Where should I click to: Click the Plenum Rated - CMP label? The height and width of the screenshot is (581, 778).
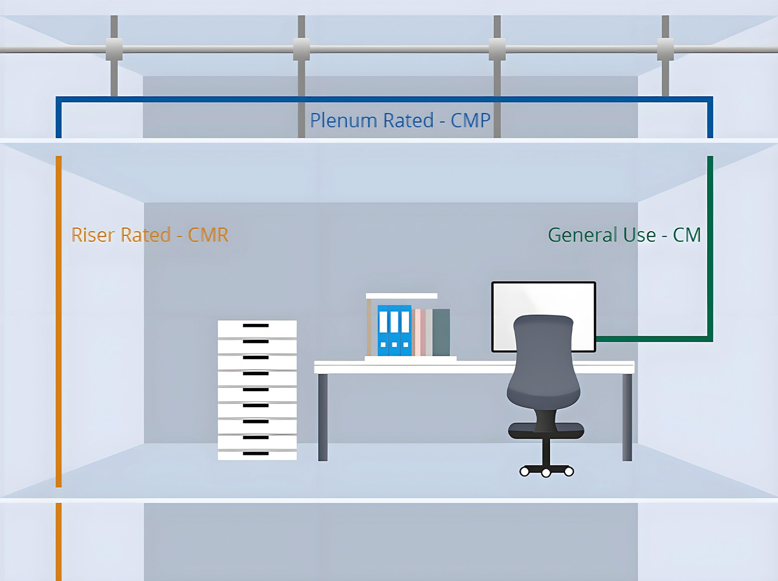(400, 121)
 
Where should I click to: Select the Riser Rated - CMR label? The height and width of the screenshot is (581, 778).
(150, 235)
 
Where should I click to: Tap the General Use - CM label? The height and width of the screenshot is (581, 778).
(624, 235)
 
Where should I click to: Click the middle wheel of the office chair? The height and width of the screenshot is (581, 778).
(546, 473)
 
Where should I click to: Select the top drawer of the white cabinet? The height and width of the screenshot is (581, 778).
(257, 328)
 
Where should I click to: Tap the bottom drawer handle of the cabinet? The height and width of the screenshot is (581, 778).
(256, 453)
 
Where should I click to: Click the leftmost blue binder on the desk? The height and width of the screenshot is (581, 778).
(383, 330)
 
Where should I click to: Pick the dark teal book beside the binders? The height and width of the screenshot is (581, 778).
(441, 332)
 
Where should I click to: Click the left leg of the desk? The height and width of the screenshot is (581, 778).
(323, 417)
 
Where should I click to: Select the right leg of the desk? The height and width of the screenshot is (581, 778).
(627, 417)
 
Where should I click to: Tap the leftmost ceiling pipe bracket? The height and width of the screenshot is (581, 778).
(114, 49)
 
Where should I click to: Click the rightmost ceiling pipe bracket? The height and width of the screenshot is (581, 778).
(665, 49)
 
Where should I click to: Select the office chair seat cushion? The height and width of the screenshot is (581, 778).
(546, 430)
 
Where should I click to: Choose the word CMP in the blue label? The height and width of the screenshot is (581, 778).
(470, 121)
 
